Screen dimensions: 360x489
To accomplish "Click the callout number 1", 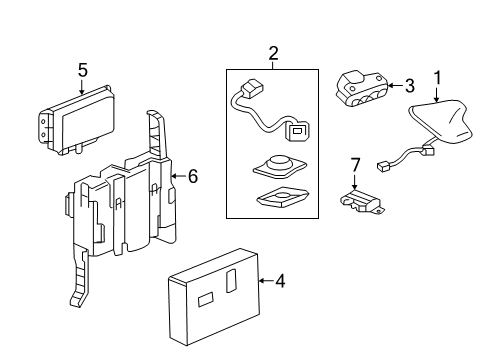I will (x=436, y=77).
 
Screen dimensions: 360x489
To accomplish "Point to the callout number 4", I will (x=280, y=282).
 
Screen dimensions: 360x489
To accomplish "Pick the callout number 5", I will (x=83, y=69).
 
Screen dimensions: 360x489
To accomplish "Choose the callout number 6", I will (x=192, y=176).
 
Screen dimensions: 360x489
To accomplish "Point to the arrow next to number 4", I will (x=264, y=282).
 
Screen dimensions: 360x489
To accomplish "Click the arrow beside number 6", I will (x=177, y=176).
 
